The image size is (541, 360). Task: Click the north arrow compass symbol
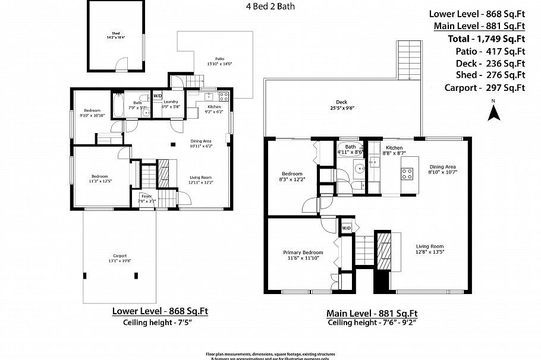(x=493, y=110)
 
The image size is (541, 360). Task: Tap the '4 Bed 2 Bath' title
(x=270, y=7)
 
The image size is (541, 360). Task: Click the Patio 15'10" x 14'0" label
(x=219, y=61)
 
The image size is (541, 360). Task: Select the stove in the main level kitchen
(x=407, y=174)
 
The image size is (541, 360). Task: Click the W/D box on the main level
(x=346, y=227)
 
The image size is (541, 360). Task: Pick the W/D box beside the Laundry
(x=158, y=96)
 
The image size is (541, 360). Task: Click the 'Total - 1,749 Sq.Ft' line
(x=486, y=39)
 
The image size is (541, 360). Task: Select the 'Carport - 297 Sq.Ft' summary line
(x=485, y=88)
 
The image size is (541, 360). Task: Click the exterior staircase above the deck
(x=408, y=60)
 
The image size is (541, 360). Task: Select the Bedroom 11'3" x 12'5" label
(x=100, y=178)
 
